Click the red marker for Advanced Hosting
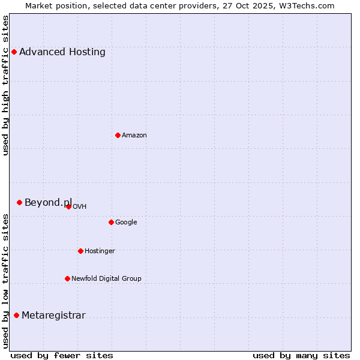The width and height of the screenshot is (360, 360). (14, 52)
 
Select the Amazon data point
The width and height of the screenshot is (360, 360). (118, 135)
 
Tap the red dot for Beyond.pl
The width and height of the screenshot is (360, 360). (19, 202)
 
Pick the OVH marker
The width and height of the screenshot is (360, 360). (68, 206)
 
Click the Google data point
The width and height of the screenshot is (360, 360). (111, 222)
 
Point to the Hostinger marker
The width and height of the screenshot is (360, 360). (80, 251)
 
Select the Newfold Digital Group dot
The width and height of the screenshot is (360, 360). (67, 278)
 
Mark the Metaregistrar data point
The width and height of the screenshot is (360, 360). (16, 315)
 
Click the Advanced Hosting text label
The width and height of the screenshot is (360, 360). (62, 52)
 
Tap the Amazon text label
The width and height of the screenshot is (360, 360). (134, 135)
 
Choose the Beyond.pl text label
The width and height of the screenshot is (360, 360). (48, 202)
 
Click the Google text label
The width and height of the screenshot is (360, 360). (126, 222)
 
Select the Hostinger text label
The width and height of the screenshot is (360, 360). (100, 251)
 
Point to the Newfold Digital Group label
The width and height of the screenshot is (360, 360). (106, 278)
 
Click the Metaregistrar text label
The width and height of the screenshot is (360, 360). (53, 315)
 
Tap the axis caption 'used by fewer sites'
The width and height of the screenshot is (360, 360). (62, 355)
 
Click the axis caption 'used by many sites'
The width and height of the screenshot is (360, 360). (301, 355)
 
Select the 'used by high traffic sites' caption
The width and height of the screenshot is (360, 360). (5, 85)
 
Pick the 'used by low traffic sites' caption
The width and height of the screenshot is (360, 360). (5, 281)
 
